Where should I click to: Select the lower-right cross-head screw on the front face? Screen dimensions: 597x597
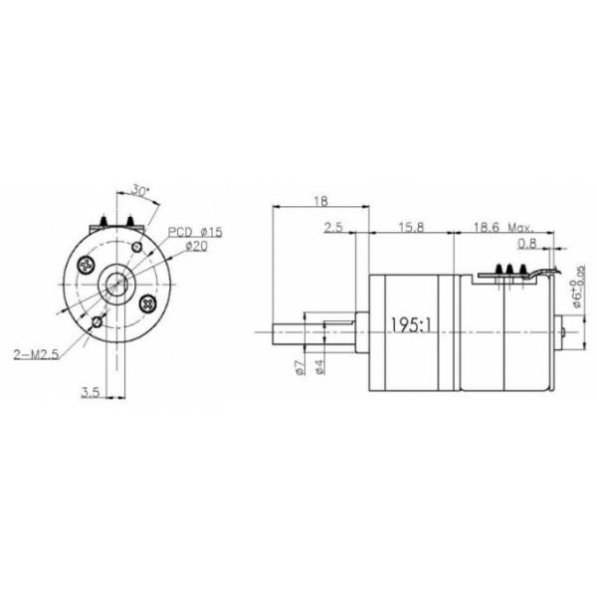point(149,302)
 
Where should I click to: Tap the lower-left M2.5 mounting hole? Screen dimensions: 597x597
point(96,323)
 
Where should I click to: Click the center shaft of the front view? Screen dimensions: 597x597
point(116,285)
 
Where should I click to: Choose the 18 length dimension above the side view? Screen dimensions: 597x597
point(319,201)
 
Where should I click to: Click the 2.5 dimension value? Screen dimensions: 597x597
point(333,228)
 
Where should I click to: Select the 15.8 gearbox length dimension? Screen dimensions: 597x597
point(410,228)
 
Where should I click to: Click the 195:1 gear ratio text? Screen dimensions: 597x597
point(411,325)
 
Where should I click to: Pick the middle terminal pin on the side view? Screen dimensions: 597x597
point(508,269)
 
